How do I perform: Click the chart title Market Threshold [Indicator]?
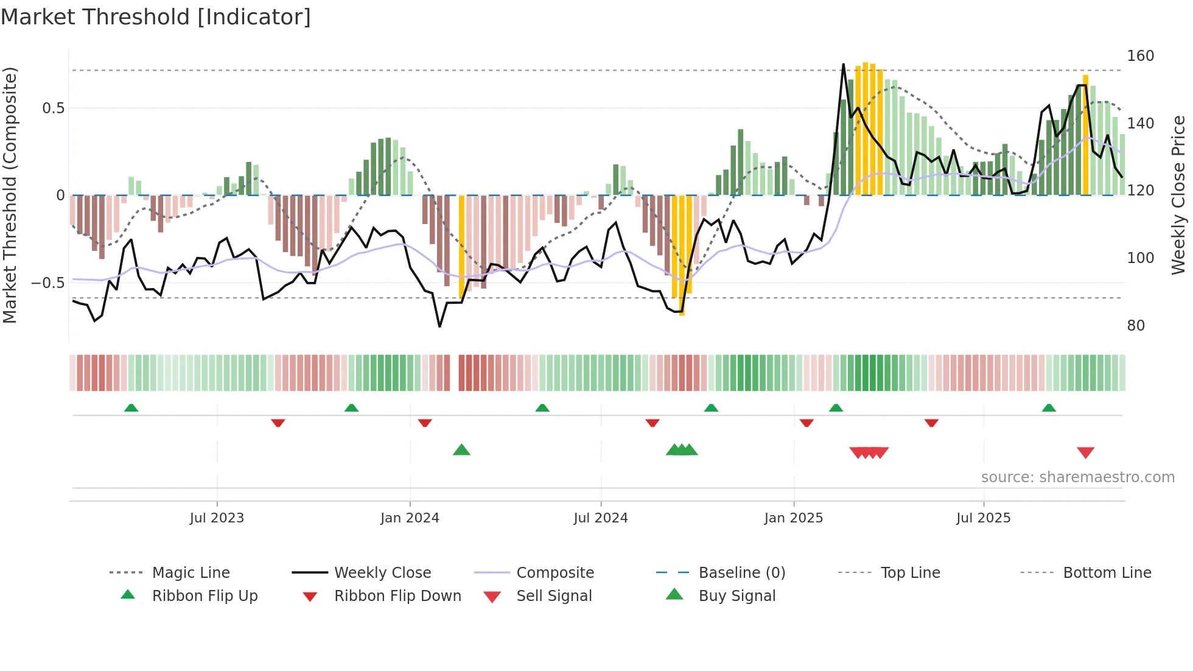pyautogui.click(x=156, y=17)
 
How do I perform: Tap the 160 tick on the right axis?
pyautogui.click(x=1140, y=56)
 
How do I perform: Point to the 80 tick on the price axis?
pyautogui.click(x=1136, y=326)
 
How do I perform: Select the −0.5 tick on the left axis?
pyautogui.click(x=47, y=283)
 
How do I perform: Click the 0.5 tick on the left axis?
pyautogui.click(x=53, y=108)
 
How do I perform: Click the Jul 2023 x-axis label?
pyautogui.click(x=217, y=518)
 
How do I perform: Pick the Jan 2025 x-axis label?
pyautogui.click(x=794, y=518)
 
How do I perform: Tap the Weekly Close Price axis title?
pyautogui.click(x=1178, y=195)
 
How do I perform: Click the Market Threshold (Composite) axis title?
pyautogui.click(x=10, y=195)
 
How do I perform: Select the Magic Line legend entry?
pyautogui.click(x=191, y=573)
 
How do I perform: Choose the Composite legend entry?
pyautogui.click(x=555, y=573)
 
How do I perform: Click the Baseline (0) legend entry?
pyautogui.click(x=741, y=573)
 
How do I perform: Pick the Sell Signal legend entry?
pyautogui.click(x=553, y=596)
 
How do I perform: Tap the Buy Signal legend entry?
pyautogui.click(x=736, y=596)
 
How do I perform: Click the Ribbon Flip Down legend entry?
pyautogui.click(x=397, y=596)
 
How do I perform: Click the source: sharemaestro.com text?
pyautogui.click(x=1077, y=477)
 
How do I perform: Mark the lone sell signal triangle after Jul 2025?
pyautogui.click(x=1085, y=452)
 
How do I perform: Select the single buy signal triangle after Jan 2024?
pyautogui.click(x=461, y=450)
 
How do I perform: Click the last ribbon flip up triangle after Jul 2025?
pyautogui.click(x=1048, y=408)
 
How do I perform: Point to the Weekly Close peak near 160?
pyautogui.click(x=843, y=65)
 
